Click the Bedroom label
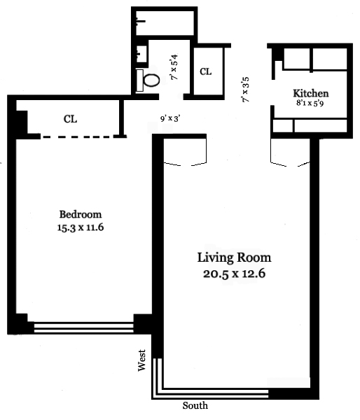pyautogui.click(x=81, y=215)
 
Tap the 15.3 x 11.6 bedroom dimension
pyautogui.click(x=81, y=227)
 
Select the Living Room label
pyautogui.click(x=235, y=258)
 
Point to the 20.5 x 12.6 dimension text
pyautogui.click(x=235, y=274)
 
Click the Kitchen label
pyautogui.click(x=311, y=93)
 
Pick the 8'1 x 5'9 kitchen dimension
pyautogui.click(x=310, y=103)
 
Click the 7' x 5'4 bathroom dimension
pyautogui.click(x=174, y=67)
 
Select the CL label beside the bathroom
pyautogui.click(x=206, y=71)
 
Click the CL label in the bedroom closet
pyautogui.click(x=71, y=119)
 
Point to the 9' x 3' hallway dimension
pyautogui.click(x=170, y=118)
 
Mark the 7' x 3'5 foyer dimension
pyautogui.click(x=246, y=90)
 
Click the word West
pyautogui.click(x=141, y=360)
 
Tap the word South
pyautogui.click(x=195, y=405)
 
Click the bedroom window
pyautogui.click(x=83, y=328)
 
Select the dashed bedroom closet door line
pyautogui.click(x=76, y=137)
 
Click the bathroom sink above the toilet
pyautogui.click(x=141, y=54)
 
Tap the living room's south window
pyautogui.click(x=212, y=393)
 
